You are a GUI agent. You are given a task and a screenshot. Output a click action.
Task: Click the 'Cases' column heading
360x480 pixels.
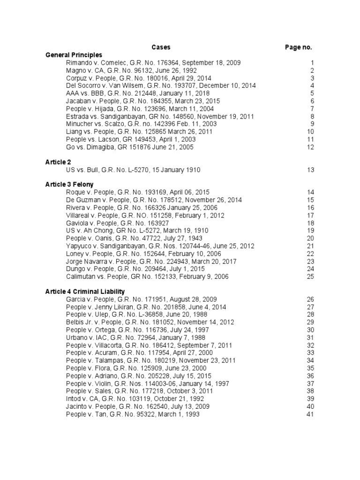pos(161,47)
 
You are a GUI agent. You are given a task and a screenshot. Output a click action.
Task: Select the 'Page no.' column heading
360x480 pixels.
pos(298,47)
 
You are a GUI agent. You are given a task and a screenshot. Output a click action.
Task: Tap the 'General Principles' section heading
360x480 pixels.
pos(74,55)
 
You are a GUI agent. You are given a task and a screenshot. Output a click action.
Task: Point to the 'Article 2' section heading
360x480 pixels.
pos(58,162)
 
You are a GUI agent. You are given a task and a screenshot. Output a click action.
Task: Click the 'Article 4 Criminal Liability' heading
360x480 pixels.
pos(85,292)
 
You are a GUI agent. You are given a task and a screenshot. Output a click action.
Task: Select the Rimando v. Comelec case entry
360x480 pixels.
pos(147,63)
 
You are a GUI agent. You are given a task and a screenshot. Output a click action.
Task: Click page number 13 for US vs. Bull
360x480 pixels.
pos(310,170)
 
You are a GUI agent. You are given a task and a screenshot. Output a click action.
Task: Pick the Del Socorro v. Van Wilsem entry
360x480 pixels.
pos(155,86)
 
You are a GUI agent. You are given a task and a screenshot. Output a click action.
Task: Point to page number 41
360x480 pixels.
pos(310,414)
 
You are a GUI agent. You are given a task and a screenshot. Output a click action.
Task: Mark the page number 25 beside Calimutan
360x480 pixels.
pos(310,277)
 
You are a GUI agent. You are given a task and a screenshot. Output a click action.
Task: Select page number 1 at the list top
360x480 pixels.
pos(312,63)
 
